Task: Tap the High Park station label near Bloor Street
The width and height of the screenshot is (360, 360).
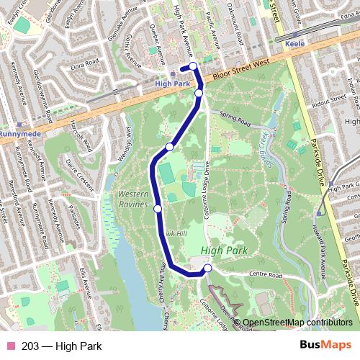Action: [x=173, y=84]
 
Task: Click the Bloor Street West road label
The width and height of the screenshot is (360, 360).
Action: [x=243, y=70]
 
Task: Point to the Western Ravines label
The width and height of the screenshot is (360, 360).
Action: [x=133, y=199]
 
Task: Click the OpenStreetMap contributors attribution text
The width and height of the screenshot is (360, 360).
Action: [x=297, y=323]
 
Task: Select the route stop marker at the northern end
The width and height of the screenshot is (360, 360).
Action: [x=193, y=68]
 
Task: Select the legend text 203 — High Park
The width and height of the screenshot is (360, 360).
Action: [x=61, y=346]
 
